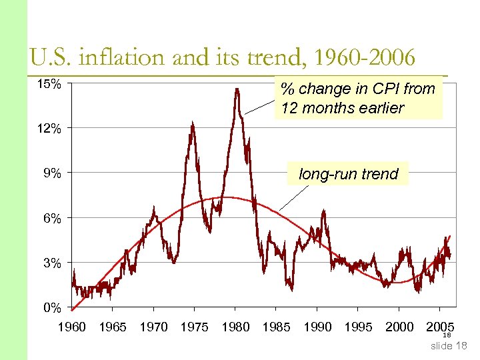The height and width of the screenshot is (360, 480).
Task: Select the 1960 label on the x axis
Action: (x=72, y=327)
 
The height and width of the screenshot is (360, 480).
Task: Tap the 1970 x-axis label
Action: (x=153, y=327)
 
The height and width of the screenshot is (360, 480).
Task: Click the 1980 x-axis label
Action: (x=235, y=327)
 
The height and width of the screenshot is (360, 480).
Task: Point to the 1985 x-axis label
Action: (x=276, y=327)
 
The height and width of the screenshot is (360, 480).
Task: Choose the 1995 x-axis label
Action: (x=358, y=327)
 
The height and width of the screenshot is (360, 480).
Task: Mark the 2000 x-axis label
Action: (x=399, y=327)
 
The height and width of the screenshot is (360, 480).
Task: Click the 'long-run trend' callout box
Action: (x=348, y=175)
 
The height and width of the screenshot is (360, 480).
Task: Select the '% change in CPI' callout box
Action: (x=358, y=99)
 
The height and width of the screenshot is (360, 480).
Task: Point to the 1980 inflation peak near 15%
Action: (x=237, y=89)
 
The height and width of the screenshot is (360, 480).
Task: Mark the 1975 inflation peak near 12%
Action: (x=192, y=123)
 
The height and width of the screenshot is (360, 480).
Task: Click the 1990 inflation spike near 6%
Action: (x=323, y=212)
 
